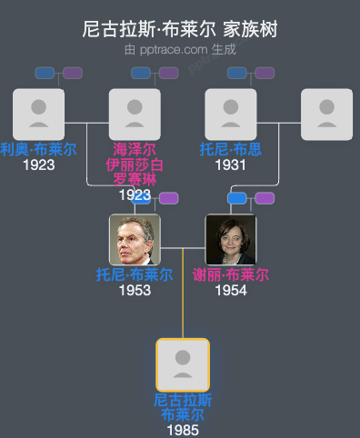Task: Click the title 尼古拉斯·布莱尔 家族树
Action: (180, 30)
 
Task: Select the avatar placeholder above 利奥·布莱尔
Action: (39, 114)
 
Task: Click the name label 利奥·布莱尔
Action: (39, 150)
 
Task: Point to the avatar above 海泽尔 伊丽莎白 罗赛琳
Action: (135, 114)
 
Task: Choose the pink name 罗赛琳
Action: (135, 179)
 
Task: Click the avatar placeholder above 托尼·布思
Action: (231, 114)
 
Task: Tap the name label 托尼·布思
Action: (231, 150)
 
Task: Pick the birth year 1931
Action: (231, 165)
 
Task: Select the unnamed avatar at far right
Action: (326, 114)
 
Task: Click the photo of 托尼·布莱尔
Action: (135, 240)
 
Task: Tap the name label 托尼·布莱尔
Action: (135, 275)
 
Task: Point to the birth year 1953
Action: (135, 291)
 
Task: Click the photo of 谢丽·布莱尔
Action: (231, 240)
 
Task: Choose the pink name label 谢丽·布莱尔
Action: (231, 275)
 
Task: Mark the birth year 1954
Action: (231, 291)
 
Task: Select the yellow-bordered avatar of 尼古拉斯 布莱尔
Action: (183, 364)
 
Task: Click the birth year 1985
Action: (183, 430)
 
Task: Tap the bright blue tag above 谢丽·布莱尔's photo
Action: (237, 198)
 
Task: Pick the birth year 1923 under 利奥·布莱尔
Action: (39, 165)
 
